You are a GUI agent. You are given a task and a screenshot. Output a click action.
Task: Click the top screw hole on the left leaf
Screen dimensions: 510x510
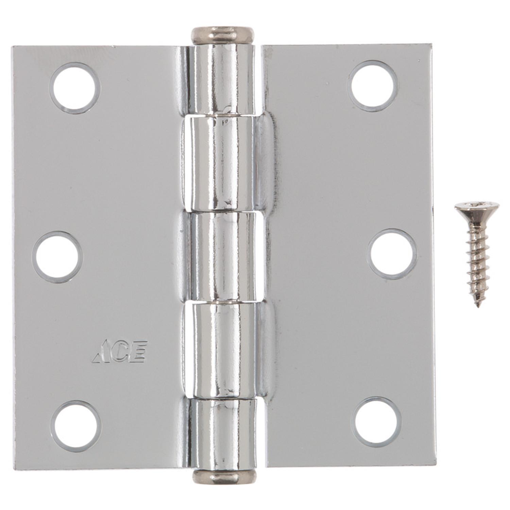[x=75, y=88]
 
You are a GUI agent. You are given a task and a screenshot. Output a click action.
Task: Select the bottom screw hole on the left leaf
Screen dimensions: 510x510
[x=76, y=426]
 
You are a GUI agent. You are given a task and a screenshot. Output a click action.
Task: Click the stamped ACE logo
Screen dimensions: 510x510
[x=119, y=352]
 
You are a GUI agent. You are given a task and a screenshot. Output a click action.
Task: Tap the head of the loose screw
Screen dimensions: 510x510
[x=477, y=210]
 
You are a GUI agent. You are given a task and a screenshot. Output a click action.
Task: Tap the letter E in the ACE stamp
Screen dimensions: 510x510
[x=139, y=352]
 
